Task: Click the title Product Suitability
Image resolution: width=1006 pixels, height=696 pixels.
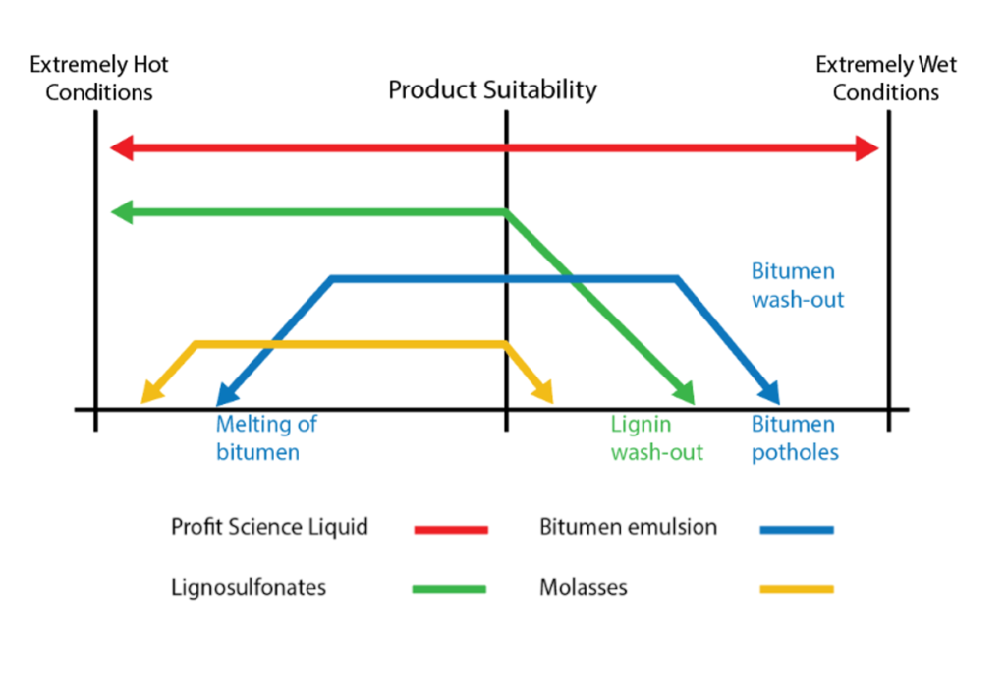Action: click(x=492, y=89)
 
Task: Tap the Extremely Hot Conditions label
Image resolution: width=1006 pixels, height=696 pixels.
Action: click(x=99, y=79)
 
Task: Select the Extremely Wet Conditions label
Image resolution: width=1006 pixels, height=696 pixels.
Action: click(x=886, y=79)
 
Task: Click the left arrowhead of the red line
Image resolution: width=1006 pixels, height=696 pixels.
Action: click(x=122, y=149)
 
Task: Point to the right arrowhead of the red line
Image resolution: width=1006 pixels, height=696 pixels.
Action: click(x=867, y=149)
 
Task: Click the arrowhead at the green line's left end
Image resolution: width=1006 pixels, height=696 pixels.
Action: click(x=122, y=211)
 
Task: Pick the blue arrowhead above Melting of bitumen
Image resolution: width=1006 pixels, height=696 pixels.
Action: click(x=226, y=395)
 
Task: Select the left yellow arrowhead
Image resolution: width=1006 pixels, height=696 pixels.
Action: click(x=151, y=393)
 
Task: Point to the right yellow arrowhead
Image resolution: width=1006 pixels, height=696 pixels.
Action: click(x=543, y=393)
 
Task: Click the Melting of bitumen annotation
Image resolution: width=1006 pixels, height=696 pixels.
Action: click(x=266, y=438)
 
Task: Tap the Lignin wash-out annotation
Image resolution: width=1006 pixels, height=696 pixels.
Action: click(x=656, y=438)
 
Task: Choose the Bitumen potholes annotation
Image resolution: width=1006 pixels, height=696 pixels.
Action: click(x=795, y=438)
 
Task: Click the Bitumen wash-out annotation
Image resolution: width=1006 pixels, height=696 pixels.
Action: click(x=797, y=285)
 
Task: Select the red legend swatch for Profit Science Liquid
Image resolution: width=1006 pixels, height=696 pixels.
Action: click(x=451, y=529)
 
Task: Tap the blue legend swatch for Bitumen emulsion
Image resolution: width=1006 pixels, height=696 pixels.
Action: click(x=797, y=529)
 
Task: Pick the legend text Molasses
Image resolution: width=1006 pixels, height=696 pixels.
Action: click(x=583, y=588)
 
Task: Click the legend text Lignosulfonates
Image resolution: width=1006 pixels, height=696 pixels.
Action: click(x=249, y=588)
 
